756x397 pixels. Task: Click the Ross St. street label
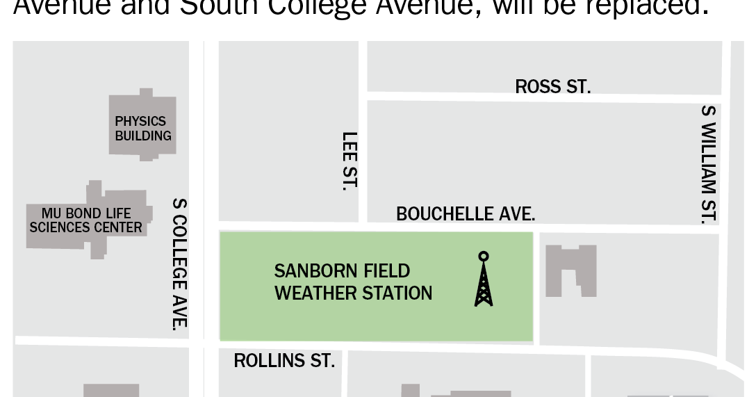coord(552,86)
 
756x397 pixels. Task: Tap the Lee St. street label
coord(350,161)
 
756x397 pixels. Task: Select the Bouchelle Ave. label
coord(466,213)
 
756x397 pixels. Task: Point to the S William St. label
coord(709,165)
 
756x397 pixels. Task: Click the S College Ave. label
coord(180,264)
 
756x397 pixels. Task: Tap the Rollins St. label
coord(284,361)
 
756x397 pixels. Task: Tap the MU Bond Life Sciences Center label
coord(86,220)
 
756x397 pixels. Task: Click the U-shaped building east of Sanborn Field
coord(570,270)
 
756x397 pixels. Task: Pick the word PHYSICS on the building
coord(140,121)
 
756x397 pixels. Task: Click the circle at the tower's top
coord(484,255)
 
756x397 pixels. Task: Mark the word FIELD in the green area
coord(386,270)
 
